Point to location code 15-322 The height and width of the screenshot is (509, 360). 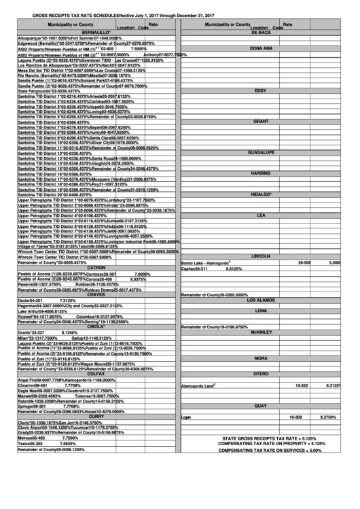[x=302, y=385]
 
